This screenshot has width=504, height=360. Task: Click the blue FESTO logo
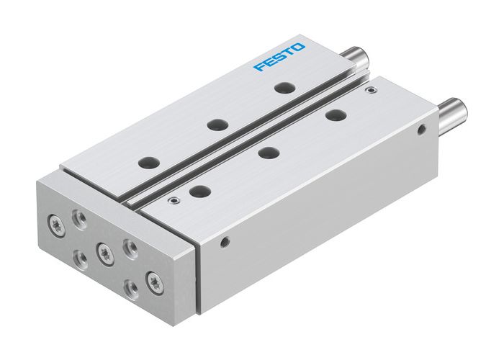[279, 57]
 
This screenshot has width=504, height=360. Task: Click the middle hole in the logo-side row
[214, 125]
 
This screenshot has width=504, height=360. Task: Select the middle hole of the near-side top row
[268, 152]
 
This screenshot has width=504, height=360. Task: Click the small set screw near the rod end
[371, 91]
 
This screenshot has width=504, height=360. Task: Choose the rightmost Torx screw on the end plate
[153, 279]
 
